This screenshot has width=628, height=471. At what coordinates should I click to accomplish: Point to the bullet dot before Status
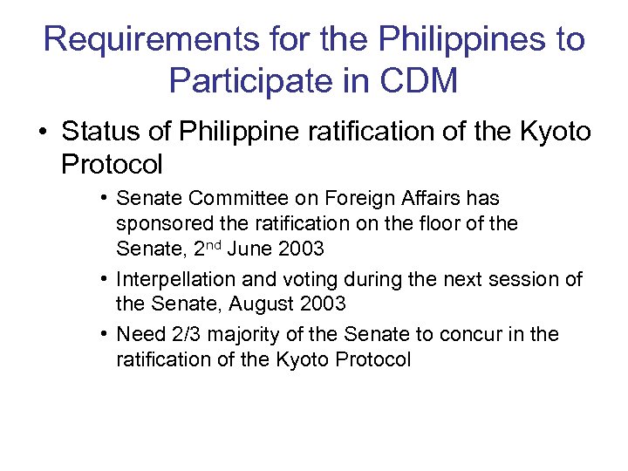43,133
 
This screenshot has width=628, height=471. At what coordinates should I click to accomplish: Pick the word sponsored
161,223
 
